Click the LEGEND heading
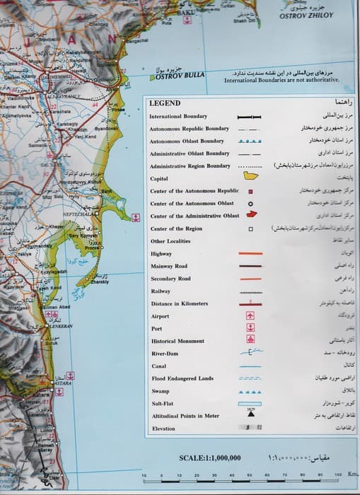click(x=166, y=103)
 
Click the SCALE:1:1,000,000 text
click(x=210, y=458)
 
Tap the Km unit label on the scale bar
click(x=352, y=475)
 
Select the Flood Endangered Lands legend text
click(x=182, y=378)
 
